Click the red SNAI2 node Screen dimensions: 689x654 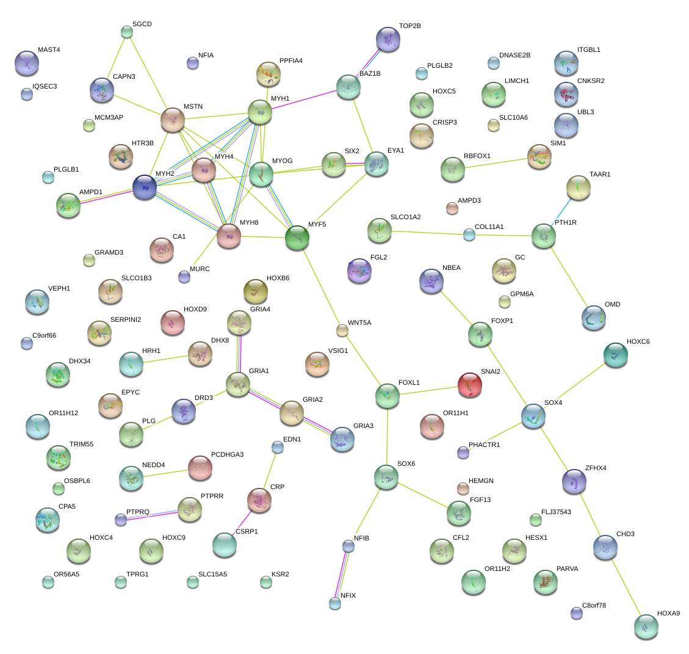(x=469, y=385)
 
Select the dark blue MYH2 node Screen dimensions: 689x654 (x=145, y=187)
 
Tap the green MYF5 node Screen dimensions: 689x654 (x=297, y=238)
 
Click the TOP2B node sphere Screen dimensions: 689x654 (x=388, y=39)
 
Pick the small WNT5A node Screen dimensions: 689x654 (x=342, y=330)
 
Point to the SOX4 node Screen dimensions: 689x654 (x=533, y=416)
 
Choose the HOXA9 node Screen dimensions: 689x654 (x=646, y=627)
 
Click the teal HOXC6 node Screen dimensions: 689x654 (x=616, y=355)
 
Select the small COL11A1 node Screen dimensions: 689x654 (x=469, y=235)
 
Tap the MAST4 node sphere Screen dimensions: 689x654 (x=27, y=63)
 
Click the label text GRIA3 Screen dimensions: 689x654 (x=363, y=426)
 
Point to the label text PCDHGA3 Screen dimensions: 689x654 (x=227, y=454)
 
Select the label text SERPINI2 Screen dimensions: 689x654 (x=126, y=319)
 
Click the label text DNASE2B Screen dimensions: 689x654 (x=514, y=55)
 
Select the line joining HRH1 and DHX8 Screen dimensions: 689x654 (x=165, y=359)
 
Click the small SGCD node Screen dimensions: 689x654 (x=126, y=32)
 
